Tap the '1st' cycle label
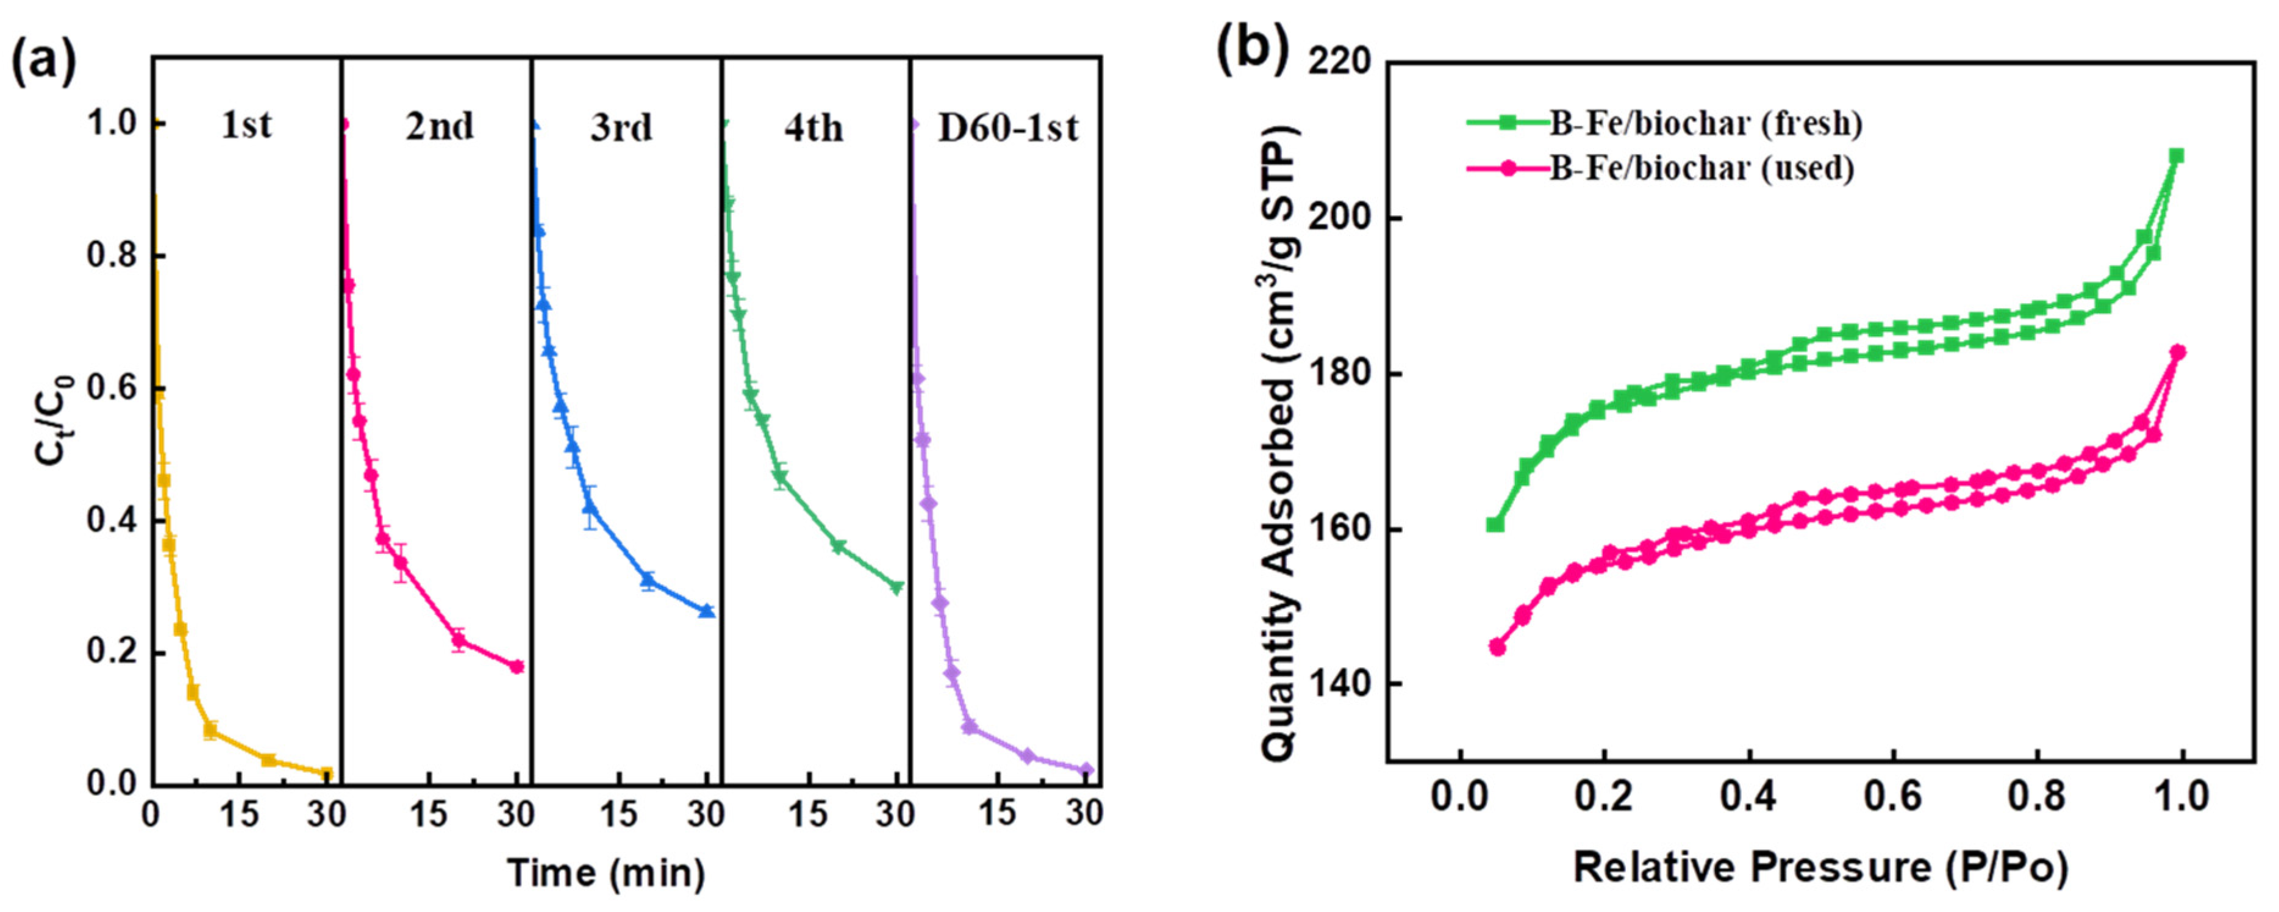[246, 126]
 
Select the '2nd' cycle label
[440, 126]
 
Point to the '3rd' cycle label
[621, 128]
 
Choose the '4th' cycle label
[813, 128]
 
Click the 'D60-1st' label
[1007, 128]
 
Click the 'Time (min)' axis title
[607, 872]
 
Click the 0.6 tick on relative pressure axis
[1892, 797]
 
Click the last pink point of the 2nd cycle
[517, 667]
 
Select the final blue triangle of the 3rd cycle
[706, 611]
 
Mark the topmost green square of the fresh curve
[2177, 156]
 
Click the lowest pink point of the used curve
[1497, 647]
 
